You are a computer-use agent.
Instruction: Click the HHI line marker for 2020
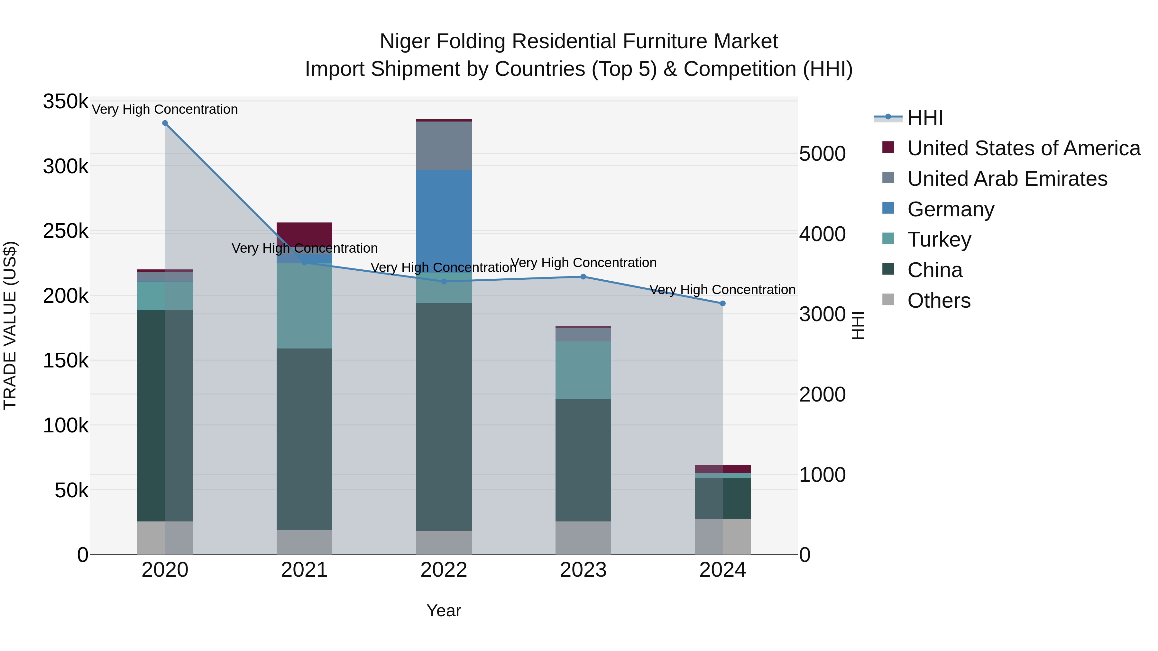click(165, 123)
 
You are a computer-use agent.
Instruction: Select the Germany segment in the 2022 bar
click(444, 216)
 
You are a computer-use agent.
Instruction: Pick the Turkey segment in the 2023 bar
click(583, 370)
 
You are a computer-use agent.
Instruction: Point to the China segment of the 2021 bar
click(304, 439)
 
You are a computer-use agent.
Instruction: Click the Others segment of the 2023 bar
click(583, 538)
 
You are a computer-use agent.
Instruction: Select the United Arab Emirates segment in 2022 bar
click(444, 146)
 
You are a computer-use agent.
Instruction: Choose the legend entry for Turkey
click(939, 240)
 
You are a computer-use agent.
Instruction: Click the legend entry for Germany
click(950, 209)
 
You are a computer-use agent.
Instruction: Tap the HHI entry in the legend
click(925, 118)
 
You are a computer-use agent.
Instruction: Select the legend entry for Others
click(939, 301)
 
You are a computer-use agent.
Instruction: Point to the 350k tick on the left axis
click(66, 102)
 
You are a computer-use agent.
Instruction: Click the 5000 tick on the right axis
click(822, 154)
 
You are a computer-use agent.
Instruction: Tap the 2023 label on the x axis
click(583, 570)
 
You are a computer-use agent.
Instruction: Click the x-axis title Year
click(444, 610)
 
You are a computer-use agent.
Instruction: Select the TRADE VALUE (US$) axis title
click(10, 325)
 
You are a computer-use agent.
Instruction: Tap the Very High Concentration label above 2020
click(165, 109)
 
